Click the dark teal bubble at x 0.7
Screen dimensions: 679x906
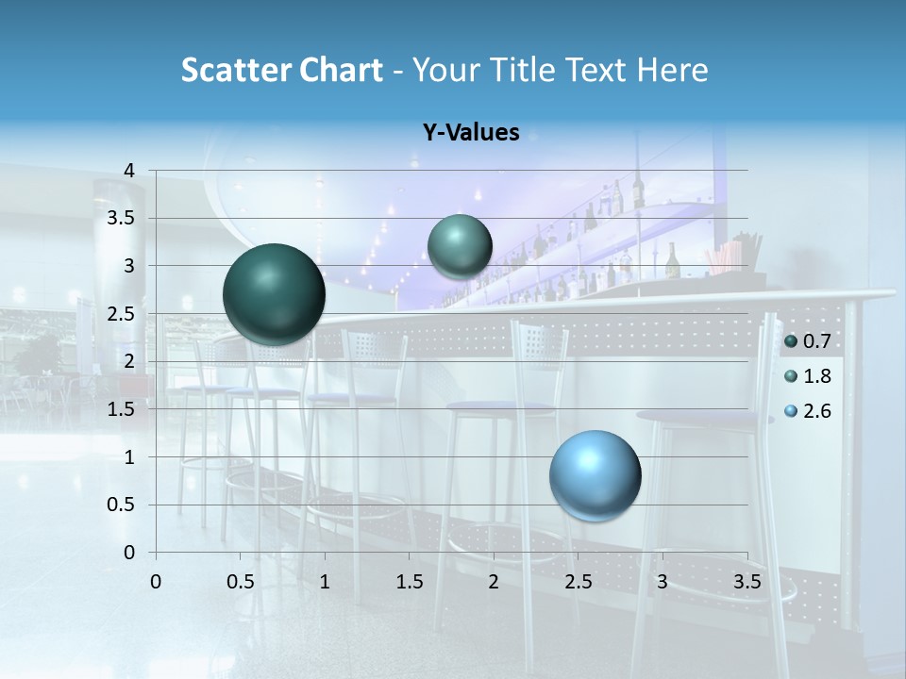point(274,294)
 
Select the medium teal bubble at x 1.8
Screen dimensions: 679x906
point(460,246)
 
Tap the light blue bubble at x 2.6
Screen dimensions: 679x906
point(595,475)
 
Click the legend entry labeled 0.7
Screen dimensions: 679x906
point(807,341)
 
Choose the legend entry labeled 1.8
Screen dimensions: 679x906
point(807,376)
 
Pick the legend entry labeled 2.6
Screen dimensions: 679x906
point(807,411)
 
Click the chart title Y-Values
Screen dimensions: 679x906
point(471,133)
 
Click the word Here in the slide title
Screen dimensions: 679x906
point(672,70)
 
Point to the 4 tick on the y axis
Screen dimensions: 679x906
point(130,171)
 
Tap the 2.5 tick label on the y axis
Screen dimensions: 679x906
point(122,314)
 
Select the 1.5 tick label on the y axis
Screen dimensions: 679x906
point(122,409)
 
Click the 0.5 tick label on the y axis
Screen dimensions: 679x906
point(122,505)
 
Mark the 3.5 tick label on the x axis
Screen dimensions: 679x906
point(747,582)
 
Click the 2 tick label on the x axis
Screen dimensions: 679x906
point(494,582)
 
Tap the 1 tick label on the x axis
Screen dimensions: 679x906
point(325,582)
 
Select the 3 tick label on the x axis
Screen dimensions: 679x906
point(663,582)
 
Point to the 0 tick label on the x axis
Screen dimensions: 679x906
point(157,582)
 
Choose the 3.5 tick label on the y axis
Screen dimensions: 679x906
point(122,219)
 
